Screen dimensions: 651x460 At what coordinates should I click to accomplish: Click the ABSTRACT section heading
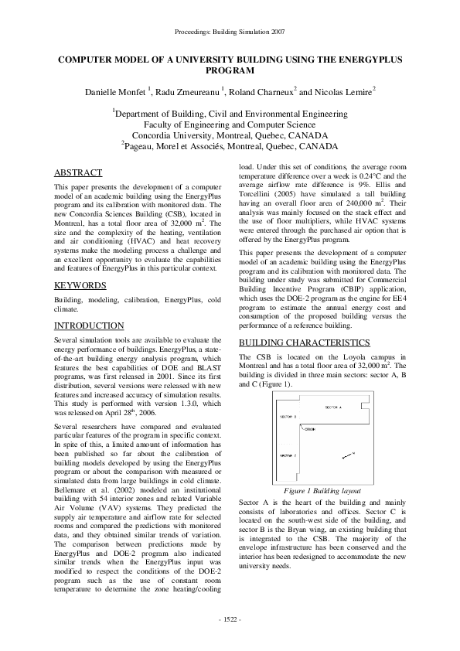(x=80, y=172)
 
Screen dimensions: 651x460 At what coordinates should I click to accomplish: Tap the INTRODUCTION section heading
(x=89, y=325)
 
